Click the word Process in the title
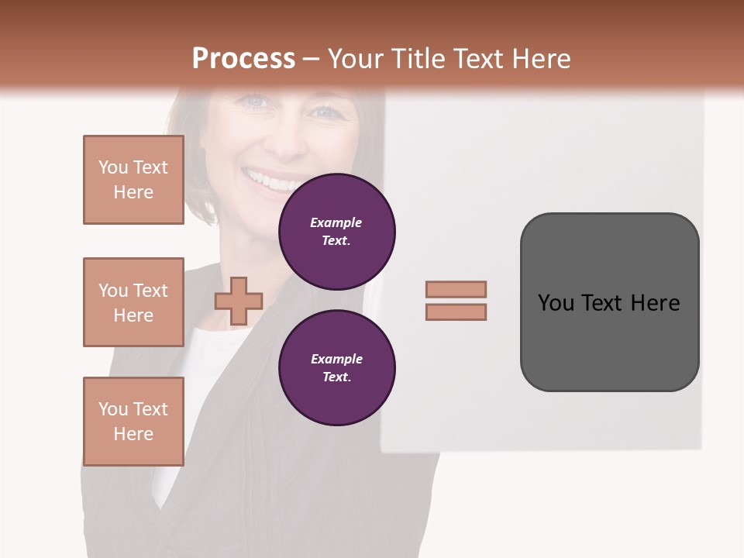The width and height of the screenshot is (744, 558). (x=243, y=59)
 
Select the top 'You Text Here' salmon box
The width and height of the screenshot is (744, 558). (x=133, y=180)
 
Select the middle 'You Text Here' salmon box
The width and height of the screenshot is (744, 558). (x=133, y=302)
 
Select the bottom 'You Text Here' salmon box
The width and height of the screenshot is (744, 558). (x=133, y=422)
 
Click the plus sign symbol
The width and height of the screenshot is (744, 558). (x=239, y=301)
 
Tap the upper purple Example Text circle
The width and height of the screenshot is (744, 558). (x=336, y=231)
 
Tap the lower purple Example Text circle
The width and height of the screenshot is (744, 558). (x=336, y=367)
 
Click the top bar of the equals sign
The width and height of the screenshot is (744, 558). (x=456, y=289)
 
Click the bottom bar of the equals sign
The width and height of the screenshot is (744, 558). (x=456, y=312)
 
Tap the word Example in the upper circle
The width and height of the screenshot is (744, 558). (x=336, y=222)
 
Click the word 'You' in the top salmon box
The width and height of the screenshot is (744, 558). (x=113, y=167)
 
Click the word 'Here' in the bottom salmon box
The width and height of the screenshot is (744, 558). (x=133, y=434)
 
